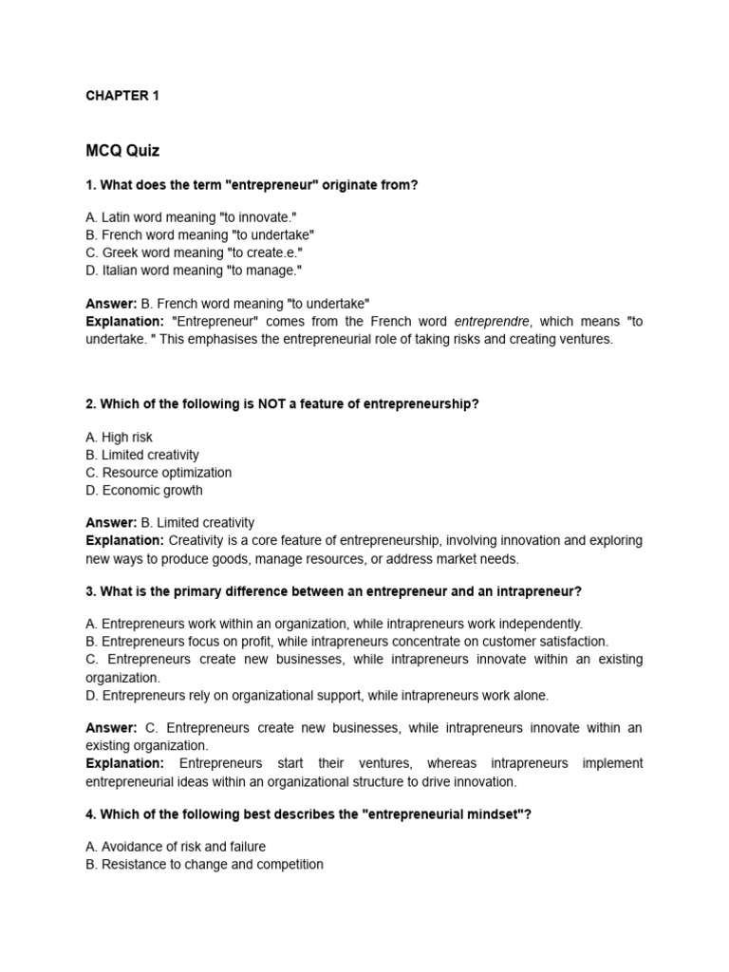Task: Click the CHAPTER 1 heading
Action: pyautogui.click(x=122, y=96)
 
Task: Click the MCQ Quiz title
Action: pyautogui.click(x=122, y=150)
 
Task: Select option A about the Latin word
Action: pyautogui.click(x=191, y=217)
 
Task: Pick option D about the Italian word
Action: pyautogui.click(x=194, y=271)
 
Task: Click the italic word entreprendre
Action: pyautogui.click(x=494, y=322)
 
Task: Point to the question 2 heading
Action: pyautogui.click(x=282, y=404)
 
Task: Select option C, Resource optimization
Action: pyautogui.click(x=159, y=473)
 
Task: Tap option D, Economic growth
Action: pyautogui.click(x=143, y=491)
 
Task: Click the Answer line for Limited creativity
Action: pyautogui.click(x=170, y=523)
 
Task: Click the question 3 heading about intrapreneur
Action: pyautogui.click(x=333, y=591)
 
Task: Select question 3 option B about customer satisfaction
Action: pyautogui.click(x=346, y=642)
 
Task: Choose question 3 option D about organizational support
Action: pyautogui.click(x=317, y=696)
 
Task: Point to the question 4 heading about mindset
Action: pyautogui.click(x=308, y=814)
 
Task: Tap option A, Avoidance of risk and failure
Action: pyautogui.click(x=176, y=847)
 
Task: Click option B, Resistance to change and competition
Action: pyautogui.click(x=204, y=865)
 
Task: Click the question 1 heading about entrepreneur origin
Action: pyautogui.click(x=252, y=185)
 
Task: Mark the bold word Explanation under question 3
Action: pyautogui.click(x=124, y=763)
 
